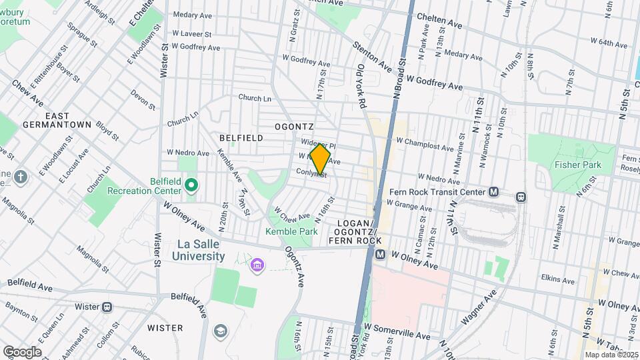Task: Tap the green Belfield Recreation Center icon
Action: pyautogui.click(x=191, y=185)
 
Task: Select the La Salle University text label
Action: pyautogui.click(x=198, y=250)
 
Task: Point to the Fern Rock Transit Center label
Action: pyautogui.click(x=437, y=192)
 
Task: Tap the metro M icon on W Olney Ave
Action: pyautogui.click(x=380, y=255)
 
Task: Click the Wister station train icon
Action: pyautogui.click(x=107, y=307)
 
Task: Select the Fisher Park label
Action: pyautogui.click(x=578, y=165)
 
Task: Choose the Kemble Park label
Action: pyautogui.click(x=291, y=231)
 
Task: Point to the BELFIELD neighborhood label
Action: pyautogui.click(x=241, y=138)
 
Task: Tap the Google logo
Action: pyautogui.click(x=22, y=352)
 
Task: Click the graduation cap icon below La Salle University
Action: pyautogui.click(x=220, y=331)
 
